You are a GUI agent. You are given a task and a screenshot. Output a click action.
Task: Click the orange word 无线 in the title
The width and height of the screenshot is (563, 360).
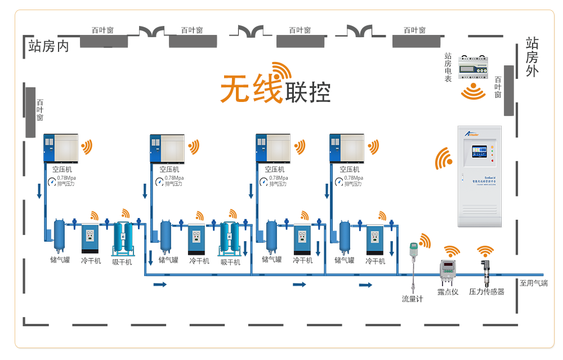251,90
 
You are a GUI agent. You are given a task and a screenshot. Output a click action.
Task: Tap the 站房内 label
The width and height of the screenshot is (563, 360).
48,47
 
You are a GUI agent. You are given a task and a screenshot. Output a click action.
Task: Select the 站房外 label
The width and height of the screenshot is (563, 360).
531,57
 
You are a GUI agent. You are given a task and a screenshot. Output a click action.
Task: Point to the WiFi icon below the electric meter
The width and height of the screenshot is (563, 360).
473,91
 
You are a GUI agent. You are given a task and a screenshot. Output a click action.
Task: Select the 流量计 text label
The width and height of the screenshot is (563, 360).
412,299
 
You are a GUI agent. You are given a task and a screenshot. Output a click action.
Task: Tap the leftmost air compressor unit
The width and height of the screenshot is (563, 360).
61,148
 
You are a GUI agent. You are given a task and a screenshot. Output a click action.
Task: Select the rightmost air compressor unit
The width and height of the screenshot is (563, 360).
347,148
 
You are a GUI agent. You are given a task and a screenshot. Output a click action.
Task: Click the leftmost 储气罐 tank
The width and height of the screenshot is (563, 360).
59,234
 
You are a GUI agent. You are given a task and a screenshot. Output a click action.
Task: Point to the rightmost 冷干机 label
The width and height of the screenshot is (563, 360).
376,261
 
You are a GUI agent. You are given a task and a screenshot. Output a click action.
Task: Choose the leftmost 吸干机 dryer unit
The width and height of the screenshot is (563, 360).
123,238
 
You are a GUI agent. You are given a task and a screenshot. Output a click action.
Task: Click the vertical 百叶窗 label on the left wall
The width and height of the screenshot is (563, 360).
40,110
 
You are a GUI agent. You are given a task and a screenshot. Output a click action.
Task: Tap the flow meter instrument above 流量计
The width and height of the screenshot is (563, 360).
413,259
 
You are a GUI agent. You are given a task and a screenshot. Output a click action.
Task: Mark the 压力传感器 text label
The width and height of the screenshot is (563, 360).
486,292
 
